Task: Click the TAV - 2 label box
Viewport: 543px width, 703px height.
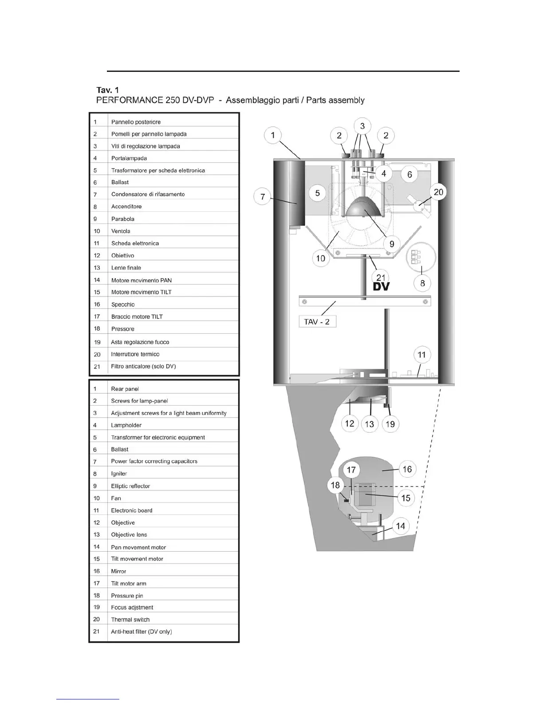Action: click(x=317, y=322)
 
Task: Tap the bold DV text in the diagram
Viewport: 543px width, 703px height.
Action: click(x=381, y=287)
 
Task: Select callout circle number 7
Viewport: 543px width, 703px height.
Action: click(x=263, y=196)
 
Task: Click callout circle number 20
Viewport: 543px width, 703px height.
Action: click(x=438, y=192)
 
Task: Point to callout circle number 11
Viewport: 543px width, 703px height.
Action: click(x=421, y=355)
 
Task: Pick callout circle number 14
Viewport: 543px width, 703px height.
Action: click(x=400, y=526)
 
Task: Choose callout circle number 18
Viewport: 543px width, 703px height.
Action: click(x=335, y=485)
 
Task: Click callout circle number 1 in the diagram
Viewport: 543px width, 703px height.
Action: click(x=273, y=135)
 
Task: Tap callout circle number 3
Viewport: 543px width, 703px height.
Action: click(x=362, y=126)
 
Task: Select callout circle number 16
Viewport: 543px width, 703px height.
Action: click(x=407, y=469)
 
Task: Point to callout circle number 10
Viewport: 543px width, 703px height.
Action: click(x=321, y=258)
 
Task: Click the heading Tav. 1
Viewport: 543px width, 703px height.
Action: click(x=107, y=90)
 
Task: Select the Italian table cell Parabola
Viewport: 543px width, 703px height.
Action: click(x=123, y=219)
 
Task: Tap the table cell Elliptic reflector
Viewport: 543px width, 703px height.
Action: click(x=130, y=486)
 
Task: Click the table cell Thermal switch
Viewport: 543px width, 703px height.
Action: click(x=130, y=620)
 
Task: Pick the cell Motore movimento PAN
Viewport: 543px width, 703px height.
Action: click(x=141, y=280)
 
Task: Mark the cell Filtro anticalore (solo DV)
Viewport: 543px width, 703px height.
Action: click(x=143, y=366)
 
